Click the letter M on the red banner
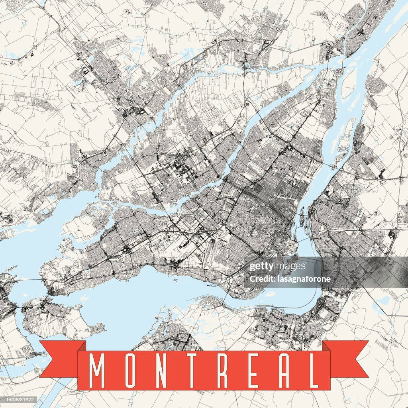coord(97,371)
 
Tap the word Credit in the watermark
coord(260,279)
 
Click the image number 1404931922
coord(19,400)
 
